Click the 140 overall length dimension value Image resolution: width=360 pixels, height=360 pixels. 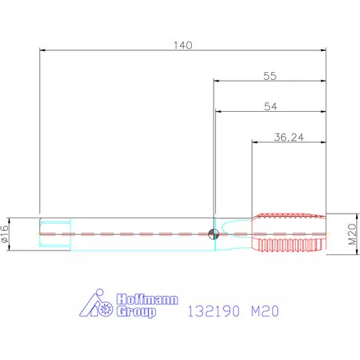point(183,45)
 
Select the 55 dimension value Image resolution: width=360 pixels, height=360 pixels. point(270,76)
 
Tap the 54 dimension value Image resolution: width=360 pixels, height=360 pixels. point(271,106)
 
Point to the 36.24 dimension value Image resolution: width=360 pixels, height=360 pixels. point(289,137)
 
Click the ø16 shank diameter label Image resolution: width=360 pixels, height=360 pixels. point(5,234)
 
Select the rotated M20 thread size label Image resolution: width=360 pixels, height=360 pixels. point(352,234)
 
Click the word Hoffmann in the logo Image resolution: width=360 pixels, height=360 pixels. point(147,299)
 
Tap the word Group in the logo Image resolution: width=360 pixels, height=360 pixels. point(136,311)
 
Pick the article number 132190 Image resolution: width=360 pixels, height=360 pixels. point(214,311)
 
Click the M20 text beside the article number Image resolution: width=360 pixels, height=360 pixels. point(265,311)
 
